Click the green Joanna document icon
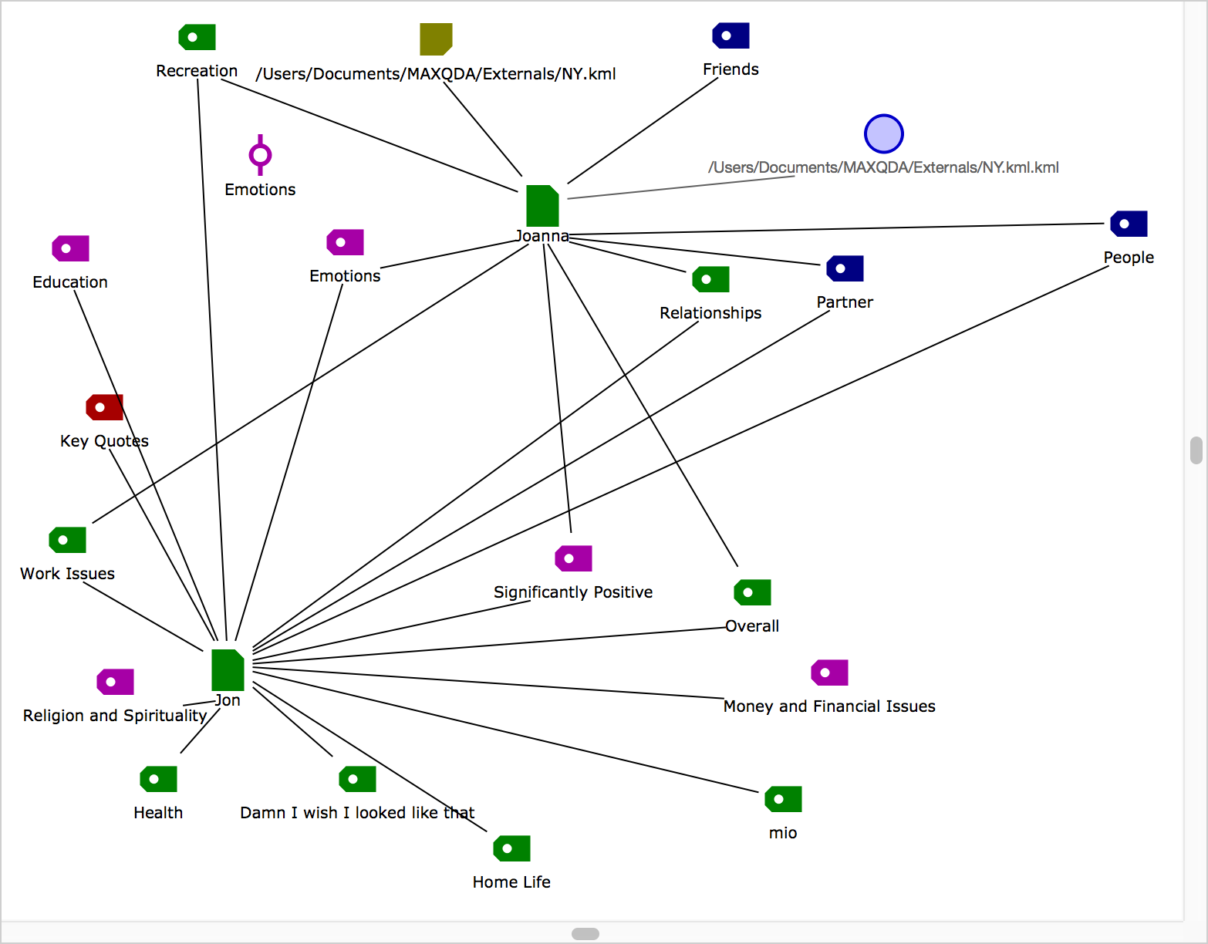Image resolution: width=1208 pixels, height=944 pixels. pyautogui.click(x=542, y=206)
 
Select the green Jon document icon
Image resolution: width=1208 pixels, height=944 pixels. pyautogui.click(x=228, y=670)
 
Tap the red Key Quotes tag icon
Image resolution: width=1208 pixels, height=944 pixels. pyautogui.click(x=105, y=407)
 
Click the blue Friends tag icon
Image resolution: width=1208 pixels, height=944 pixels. pyautogui.click(x=731, y=35)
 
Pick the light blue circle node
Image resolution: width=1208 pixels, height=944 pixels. pyautogui.click(x=883, y=133)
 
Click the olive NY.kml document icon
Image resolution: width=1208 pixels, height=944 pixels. pyautogui.click(x=436, y=39)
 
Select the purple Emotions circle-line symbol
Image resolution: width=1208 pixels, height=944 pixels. pyautogui.click(x=260, y=155)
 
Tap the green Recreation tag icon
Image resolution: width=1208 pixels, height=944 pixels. pyautogui.click(x=197, y=37)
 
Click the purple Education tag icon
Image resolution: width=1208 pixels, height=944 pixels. pyautogui.click(x=70, y=248)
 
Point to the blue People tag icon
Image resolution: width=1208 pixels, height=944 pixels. pyautogui.click(x=1129, y=224)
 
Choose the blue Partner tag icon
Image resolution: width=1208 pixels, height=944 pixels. pyautogui.click(x=845, y=268)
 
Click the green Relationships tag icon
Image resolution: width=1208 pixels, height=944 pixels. pyautogui.click(x=710, y=279)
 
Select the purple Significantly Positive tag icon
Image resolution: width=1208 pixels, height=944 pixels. pyautogui.click(x=573, y=558)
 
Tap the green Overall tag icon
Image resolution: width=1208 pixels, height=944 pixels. pyautogui.click(x=752, y=592)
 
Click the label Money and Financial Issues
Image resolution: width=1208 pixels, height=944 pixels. pyautogui.click(x=829, y=706)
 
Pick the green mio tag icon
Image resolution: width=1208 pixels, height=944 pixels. pyautogui.click(x=783, y=799)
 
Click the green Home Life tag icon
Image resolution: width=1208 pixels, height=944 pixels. pyautogui.click(x=511, y=848)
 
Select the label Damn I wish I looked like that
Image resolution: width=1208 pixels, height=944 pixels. pyautogui.click(x=357, y=813)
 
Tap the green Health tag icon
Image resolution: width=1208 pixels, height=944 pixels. pyautogui.click(x=158, y=779)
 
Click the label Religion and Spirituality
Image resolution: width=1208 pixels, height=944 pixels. pyautogui.click(x=115, y=716)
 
